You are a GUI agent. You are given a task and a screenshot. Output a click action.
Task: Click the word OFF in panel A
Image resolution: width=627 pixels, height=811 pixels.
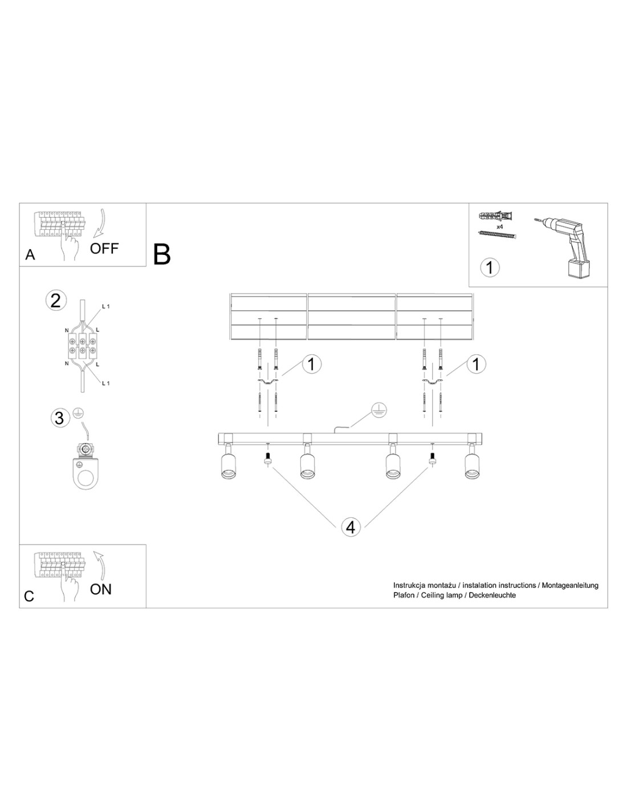[x=104, y=248]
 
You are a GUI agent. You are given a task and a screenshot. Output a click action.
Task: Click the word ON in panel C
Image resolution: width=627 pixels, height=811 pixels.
[x=101, y=589]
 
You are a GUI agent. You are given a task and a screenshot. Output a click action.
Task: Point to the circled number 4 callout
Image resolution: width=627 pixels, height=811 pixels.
[x=351, y=527]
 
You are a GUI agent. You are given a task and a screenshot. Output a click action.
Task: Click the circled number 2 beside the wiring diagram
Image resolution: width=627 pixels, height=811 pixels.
[x=56, y=301]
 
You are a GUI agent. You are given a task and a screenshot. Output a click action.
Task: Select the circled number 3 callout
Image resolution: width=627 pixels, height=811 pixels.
[x=60, y=417]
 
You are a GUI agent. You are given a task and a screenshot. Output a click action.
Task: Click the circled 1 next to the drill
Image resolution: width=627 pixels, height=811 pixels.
[x=490, y=267]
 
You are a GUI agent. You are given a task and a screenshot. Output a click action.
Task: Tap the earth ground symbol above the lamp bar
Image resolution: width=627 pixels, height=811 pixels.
[x=379, y=410]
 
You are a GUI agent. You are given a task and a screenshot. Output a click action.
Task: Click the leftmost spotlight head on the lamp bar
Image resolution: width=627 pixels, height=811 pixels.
[x=228, y=461]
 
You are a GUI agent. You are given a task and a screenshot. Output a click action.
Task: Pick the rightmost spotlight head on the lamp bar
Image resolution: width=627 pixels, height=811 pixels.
[x=472, y=461]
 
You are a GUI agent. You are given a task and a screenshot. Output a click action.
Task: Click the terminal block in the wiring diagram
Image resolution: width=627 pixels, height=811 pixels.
[x=82, y=346]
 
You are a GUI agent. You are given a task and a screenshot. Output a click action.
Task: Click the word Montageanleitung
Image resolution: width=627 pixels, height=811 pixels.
[x=570, y=585]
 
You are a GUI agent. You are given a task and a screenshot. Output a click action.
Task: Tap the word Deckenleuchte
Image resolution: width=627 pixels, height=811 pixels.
[x=492, y=595]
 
